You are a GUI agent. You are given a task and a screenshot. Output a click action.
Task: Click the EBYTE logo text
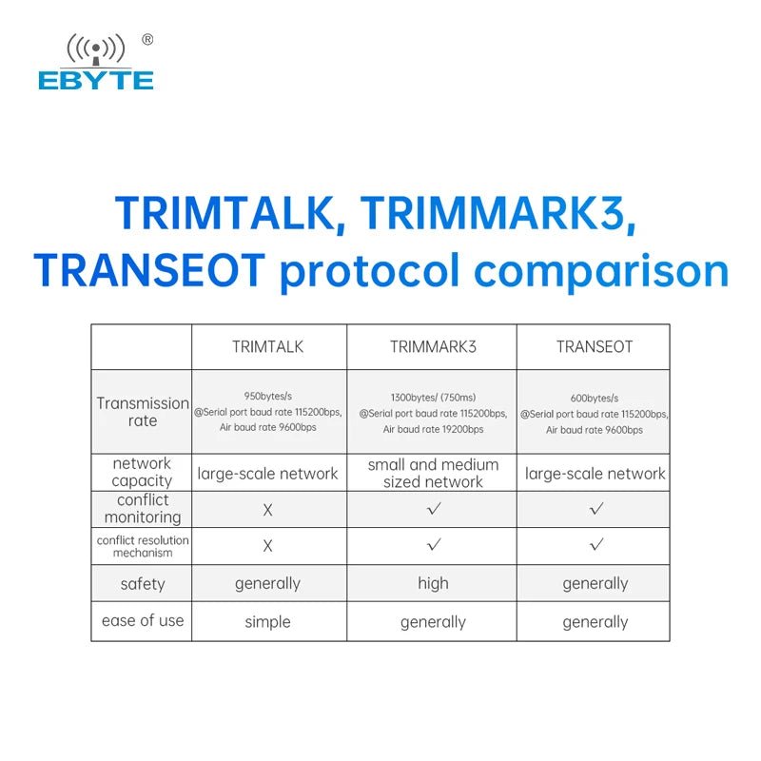(96, 80)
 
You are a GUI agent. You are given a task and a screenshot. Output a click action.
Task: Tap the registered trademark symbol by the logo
(147, 40)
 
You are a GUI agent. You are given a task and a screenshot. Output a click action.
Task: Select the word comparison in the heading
(601, 272)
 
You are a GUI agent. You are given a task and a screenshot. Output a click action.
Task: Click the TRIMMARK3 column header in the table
(433, 347)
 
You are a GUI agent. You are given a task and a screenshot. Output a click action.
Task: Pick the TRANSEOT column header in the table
(595, 347)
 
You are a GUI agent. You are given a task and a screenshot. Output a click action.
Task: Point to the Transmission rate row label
(142, 412)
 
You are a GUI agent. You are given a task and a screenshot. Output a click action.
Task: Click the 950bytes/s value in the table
(268, 396)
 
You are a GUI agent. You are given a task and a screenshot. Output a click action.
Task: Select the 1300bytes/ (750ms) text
(433, 398)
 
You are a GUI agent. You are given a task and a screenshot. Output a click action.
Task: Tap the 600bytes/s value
(595, 399)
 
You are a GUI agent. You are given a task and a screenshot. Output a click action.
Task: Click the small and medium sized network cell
(433, 473)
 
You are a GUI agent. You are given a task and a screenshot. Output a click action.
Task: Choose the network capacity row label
(142, 472)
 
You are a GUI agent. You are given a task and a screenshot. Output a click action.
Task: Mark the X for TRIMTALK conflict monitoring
(268, 510)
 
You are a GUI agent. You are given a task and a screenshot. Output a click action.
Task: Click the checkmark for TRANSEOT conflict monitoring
(596, 509)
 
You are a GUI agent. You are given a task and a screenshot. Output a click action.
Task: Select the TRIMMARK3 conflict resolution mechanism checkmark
(434, 544)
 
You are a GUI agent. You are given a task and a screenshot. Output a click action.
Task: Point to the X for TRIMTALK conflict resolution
(268, 546)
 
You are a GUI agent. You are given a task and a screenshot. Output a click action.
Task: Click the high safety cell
(433, 583)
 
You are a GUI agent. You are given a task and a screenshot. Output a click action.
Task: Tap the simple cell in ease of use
(268, 622)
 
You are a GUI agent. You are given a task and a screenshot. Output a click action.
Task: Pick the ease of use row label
(143, 620)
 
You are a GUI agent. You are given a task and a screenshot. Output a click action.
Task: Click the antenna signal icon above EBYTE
(96, 49)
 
